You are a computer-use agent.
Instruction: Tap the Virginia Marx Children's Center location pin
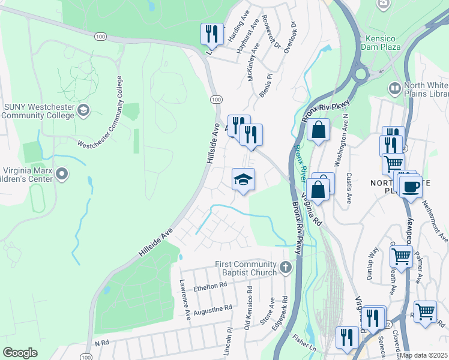pyautogui.click(x=61, y=174)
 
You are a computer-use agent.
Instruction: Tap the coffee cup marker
pyautogui.click(x=411, y=186)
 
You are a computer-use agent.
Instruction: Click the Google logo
pyautogui.click(x=20, y=353)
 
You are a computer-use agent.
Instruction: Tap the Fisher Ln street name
pyautogui.click(x=303, y=344)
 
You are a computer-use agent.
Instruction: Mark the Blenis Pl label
pyautogui.click(x=267, y=85)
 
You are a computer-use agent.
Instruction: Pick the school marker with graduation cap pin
pyautogui.click(x=244, y=179)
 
